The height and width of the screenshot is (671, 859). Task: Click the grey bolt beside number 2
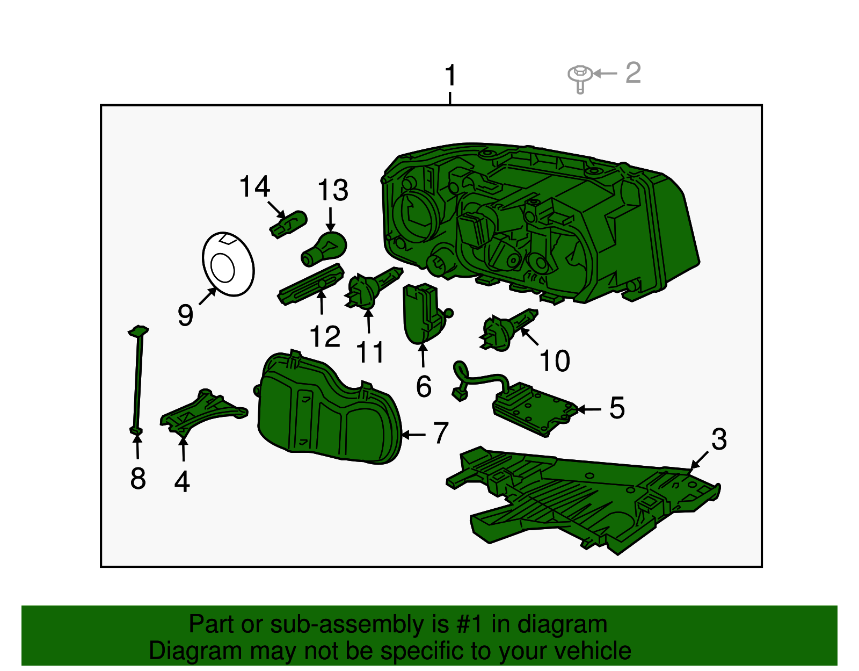pyautogui.click(x=580, y=76)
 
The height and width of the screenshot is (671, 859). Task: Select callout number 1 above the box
pyautogui.click(x=450, y=76)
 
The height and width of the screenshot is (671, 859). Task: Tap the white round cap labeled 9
pyautogui.click(x=228, y=264)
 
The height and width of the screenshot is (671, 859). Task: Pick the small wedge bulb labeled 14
pyautogui.click(x=289, y=223)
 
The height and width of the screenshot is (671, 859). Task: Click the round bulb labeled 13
pyautogui.click(x=325, y=249)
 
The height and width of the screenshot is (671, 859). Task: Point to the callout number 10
pyautogui.click(x=554, y=360)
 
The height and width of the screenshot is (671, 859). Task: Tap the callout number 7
pyautogui.click(x=441, y=433)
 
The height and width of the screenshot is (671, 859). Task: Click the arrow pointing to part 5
pyautogui.click(x=589, y=409)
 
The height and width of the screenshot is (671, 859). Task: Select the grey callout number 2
pyautogui.click(x=634, y=73)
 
